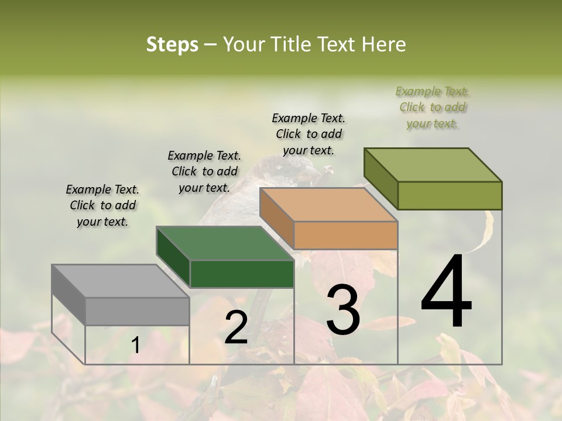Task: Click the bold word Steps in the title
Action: coord(172,45)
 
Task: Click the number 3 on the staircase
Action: coord(342,310)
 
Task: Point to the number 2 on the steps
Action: coord(236,327)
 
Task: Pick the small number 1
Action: coord(135,346)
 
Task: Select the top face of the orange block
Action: coord(328,205)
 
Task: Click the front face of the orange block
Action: coord(345,236)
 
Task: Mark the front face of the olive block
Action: coord(450,195)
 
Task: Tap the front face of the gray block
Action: coord(138,311)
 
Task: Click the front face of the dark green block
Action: coord(242,274)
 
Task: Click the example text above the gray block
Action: coord(102,206)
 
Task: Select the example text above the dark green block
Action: coord(204,172)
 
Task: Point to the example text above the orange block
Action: coord(309,134)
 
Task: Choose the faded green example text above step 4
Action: coord(433,107)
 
